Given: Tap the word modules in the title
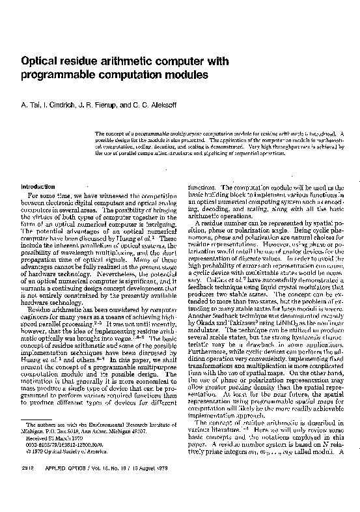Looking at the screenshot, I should point(188,76).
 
